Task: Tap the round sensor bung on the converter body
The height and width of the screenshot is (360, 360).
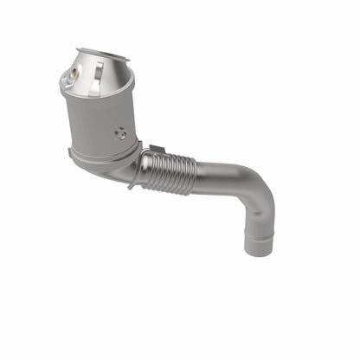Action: [121, 134]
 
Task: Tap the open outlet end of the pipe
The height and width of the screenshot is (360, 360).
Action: [257, 251]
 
